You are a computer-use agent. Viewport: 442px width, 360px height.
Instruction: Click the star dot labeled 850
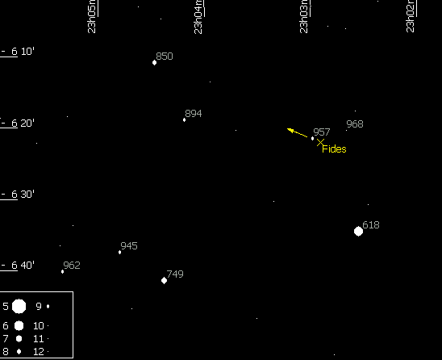pos(154,63)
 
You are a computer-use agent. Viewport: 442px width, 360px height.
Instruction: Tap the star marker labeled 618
pos(358,231)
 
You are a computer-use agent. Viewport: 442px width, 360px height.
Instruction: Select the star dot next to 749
pos(164,280)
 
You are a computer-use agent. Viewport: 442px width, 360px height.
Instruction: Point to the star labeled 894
pos(184,120)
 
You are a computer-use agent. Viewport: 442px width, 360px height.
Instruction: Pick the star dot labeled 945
pos(120,252)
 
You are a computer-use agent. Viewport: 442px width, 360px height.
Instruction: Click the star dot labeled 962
pos(62,272)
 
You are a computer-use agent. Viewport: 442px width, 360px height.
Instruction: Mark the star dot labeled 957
pos(312,138)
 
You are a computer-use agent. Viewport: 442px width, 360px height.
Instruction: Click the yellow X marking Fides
pos(320,143)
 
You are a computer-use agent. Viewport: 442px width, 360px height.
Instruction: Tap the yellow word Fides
pos(334,149)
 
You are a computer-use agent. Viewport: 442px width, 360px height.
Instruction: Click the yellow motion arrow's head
pos(287,129)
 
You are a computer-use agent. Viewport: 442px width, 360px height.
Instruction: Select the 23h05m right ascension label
pos(92,17)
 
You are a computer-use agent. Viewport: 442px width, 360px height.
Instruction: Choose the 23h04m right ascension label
pos(198,17)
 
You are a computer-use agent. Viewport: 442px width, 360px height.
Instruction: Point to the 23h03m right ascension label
pos(304,17)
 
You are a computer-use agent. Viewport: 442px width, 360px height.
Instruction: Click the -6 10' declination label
pos(18,52)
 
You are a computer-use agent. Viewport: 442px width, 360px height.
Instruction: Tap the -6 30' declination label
pos(18,195)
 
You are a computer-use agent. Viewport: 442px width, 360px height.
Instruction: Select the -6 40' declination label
pos(18,266)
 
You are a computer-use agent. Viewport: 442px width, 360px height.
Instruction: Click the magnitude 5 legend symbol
pos(19,307)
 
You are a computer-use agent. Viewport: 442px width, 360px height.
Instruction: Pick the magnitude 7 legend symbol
pos(19,338)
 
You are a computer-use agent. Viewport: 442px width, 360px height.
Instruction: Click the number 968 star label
pos(355,124)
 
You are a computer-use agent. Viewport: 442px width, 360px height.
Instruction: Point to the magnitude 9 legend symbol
pos(48,306)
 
